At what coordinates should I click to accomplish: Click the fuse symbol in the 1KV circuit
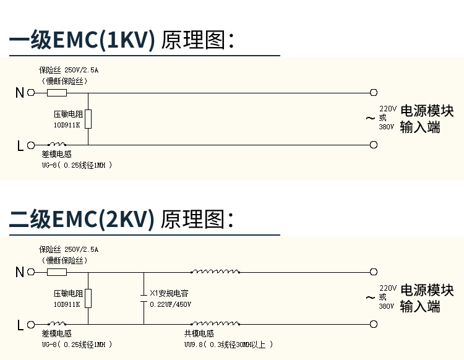point(57,93)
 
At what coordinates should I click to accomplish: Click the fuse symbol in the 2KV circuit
point(57,272)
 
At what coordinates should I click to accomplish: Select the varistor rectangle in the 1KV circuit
point(88,119)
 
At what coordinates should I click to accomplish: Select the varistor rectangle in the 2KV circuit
point(88,298)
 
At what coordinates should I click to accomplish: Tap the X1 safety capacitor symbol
point(144,299)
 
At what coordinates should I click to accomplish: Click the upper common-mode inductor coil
point(215,271)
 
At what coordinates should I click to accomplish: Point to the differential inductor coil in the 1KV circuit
point(58,145)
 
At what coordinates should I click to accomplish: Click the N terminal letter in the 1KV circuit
point(20,93)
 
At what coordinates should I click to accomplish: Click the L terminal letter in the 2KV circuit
point(20,324)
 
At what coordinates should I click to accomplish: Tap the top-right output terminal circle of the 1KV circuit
point(373,93)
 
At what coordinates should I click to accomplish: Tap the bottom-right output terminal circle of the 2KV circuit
point(373,324)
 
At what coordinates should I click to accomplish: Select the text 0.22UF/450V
point(171,305)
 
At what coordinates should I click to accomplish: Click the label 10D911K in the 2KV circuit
point(67,305)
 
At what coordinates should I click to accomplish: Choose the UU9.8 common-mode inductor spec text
point(228,345)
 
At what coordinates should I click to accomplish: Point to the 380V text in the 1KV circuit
point(387,127)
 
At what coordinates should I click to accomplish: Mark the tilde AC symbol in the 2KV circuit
point(370,298)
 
